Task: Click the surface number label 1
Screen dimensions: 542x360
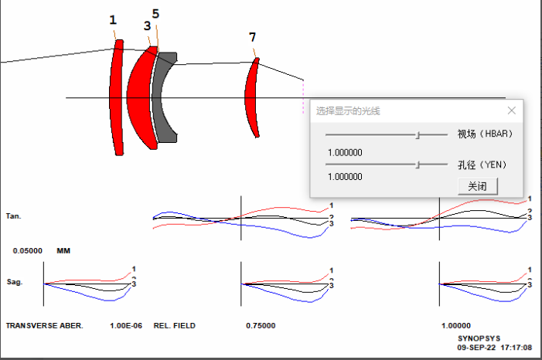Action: coord(113,20)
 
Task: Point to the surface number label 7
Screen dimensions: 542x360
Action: coord(252,37)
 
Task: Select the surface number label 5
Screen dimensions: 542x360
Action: coord(155,14)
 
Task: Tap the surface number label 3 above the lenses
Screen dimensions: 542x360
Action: coord(147,25)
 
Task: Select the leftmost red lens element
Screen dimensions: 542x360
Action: coord(116,97)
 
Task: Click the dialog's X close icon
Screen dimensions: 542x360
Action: coord(512,110)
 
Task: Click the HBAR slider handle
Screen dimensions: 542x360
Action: coord(418,134)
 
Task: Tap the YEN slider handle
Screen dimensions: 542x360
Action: coord(418,165)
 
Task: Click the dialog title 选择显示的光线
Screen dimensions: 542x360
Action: coord(348,111)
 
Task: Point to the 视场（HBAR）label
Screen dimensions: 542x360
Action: coord(485,134)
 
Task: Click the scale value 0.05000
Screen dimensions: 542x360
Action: coord(28,251)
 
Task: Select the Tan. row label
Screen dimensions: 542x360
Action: coord(13,216)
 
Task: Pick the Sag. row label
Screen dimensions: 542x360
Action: coord(15,282)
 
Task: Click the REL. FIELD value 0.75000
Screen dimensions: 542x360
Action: coord(261,326)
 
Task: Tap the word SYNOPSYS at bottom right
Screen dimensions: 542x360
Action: coord(479,338)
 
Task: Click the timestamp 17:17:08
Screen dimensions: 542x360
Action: coord(516,348)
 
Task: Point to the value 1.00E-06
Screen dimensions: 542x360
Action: coord(126,326)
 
